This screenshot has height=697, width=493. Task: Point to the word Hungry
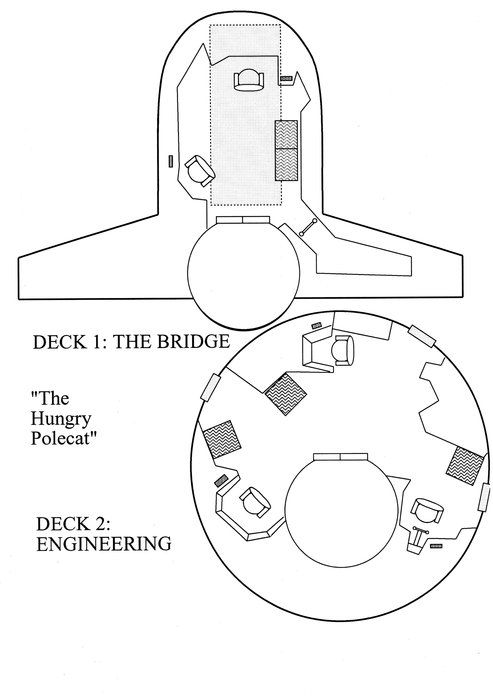point(61,419)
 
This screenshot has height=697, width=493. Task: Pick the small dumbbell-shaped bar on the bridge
point(308,227)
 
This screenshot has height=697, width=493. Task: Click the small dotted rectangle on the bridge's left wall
point(171,161)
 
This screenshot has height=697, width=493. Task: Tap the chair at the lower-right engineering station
point(426,511)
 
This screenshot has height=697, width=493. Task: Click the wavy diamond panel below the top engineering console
point(286,394)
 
